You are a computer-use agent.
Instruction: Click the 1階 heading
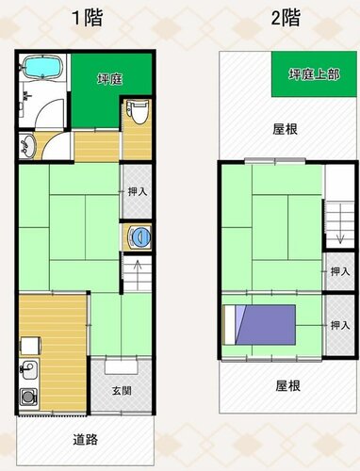coord(88,18)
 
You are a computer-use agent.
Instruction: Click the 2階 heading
coord(286,18)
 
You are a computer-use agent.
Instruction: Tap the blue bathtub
coord(42,67)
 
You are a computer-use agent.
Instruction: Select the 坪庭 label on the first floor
coord(109,79)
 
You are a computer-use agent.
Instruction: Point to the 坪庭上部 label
coord(314,74)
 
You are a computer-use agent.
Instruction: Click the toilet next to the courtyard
coord(138,112)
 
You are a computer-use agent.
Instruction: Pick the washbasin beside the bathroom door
coord(27,146)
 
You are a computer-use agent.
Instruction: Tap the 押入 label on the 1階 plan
coord(138,191)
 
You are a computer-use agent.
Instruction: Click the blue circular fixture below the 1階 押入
coord(139,236)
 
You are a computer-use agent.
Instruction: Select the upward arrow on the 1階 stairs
coord(138,274)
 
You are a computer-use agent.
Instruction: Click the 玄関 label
coord(122,391)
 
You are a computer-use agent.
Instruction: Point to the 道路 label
coord(85,439)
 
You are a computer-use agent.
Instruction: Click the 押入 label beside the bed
coord(340,325)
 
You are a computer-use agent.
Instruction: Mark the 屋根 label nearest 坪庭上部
coord(285,129)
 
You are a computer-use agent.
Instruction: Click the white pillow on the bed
coord(230,325)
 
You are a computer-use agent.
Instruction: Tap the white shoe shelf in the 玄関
coord(122,366)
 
